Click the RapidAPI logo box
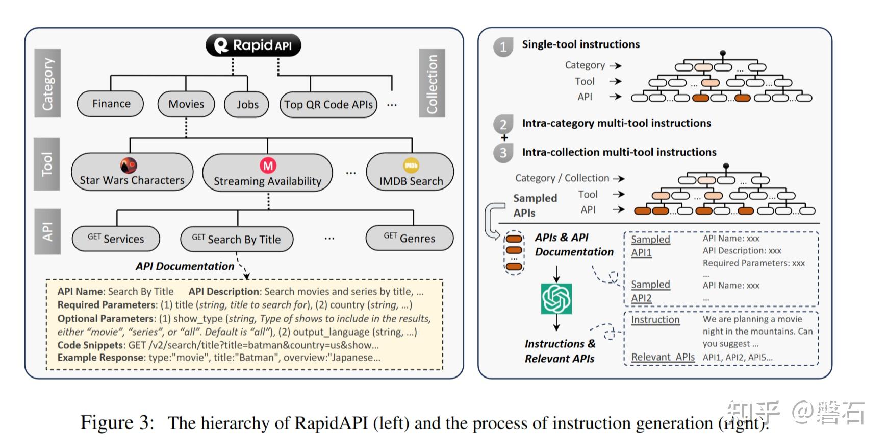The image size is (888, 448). click(x=253, y=45)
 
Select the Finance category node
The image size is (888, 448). click(x=111, y=104)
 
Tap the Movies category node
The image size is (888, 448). click(x=186, y=104)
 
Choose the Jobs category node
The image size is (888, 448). click(x=247, y=104)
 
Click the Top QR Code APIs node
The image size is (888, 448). click(x=328, y=105)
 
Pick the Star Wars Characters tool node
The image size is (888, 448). click(x=132, y=173)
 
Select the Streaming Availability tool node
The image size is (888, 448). click(x=267, y=173)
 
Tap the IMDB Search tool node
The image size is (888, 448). click(x=410, y=173)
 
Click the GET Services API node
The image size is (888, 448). click(x=116, y=239)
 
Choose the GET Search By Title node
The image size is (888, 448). click(x=237, y=239)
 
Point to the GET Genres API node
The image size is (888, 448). click(x=410, y=238)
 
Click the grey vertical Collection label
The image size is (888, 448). click(x=432, y=83)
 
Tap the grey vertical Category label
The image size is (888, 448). click(x=47, y=83)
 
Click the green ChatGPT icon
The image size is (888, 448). click(x=556, y=299)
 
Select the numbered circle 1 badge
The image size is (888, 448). click(x=503, y=47)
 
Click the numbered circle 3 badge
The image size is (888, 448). click(x=503, y=153)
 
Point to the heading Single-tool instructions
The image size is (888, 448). click(x=580, y=44)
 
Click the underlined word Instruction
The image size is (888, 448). click(x=655, y=320)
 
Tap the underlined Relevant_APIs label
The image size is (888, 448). click(x=663, y=357)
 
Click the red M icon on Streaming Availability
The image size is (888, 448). click(x=268, y=165)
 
